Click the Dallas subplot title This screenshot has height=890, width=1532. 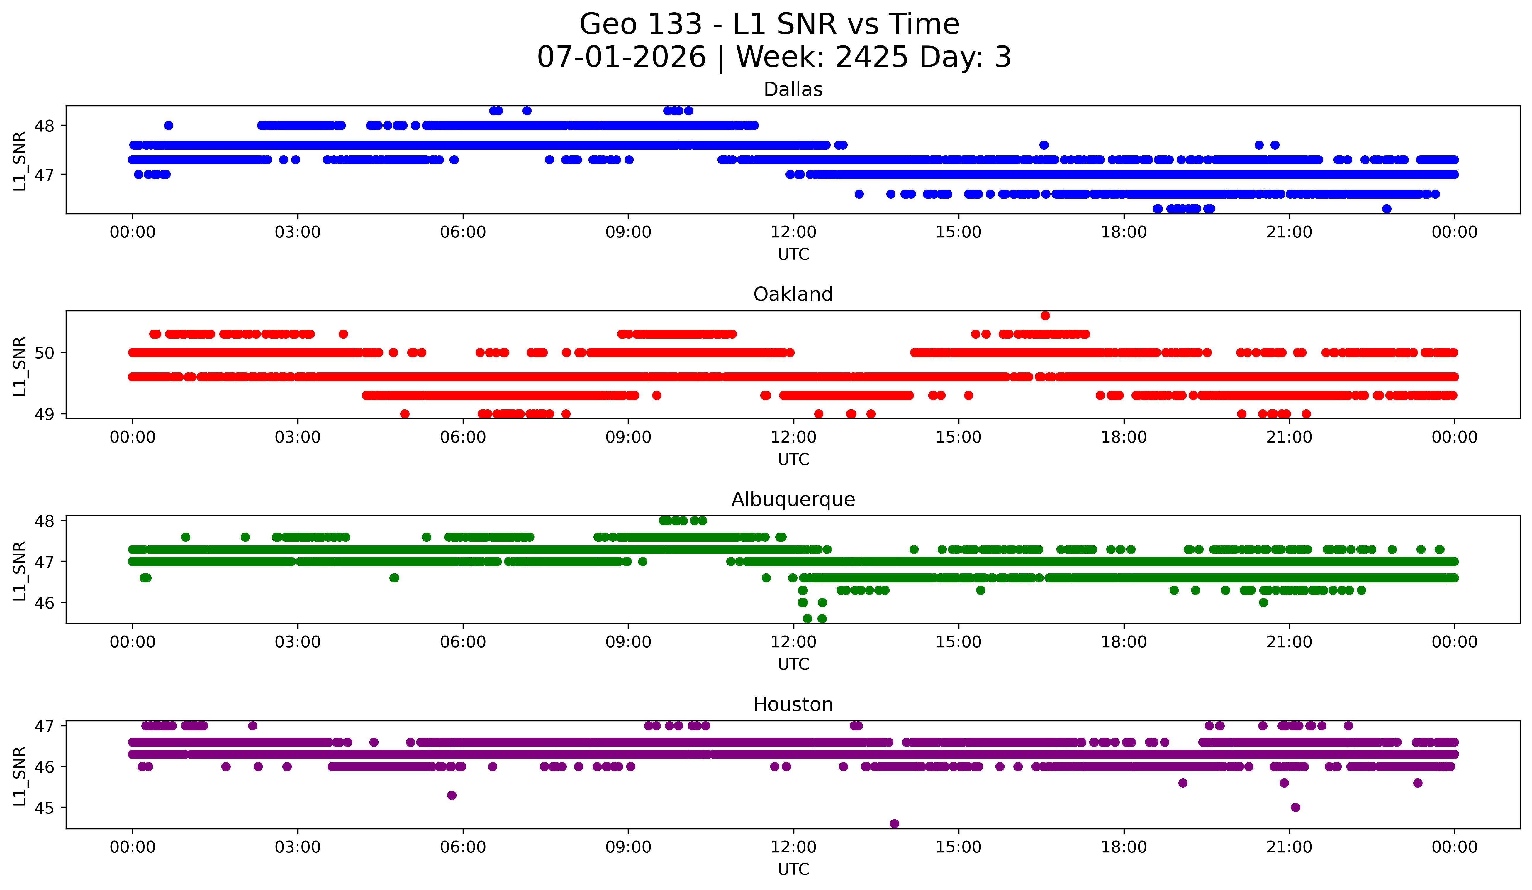pyautogui.click(x=793, y=89)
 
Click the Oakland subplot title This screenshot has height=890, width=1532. pyautogui.click(x=793, y=294)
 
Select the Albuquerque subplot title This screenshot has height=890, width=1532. pyautogui.click(x=793, y=499)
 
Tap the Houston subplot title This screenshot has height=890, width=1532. pyautogui.click(x=793, y=705)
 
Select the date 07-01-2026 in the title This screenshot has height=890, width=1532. pyautogui.click(x=621, y=57)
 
